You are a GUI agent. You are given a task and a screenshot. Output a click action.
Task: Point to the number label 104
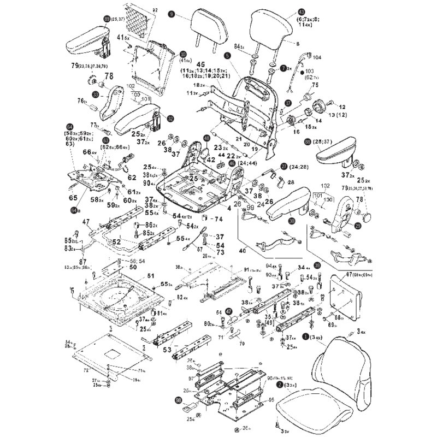[317, 57]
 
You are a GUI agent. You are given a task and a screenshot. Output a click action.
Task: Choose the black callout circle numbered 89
[107, 19]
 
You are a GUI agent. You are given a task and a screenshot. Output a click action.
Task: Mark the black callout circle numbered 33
[95, 95]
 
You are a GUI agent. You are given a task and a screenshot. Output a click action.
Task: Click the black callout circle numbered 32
[171, 118]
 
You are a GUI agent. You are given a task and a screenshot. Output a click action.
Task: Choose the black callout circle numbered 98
[179, 400]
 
